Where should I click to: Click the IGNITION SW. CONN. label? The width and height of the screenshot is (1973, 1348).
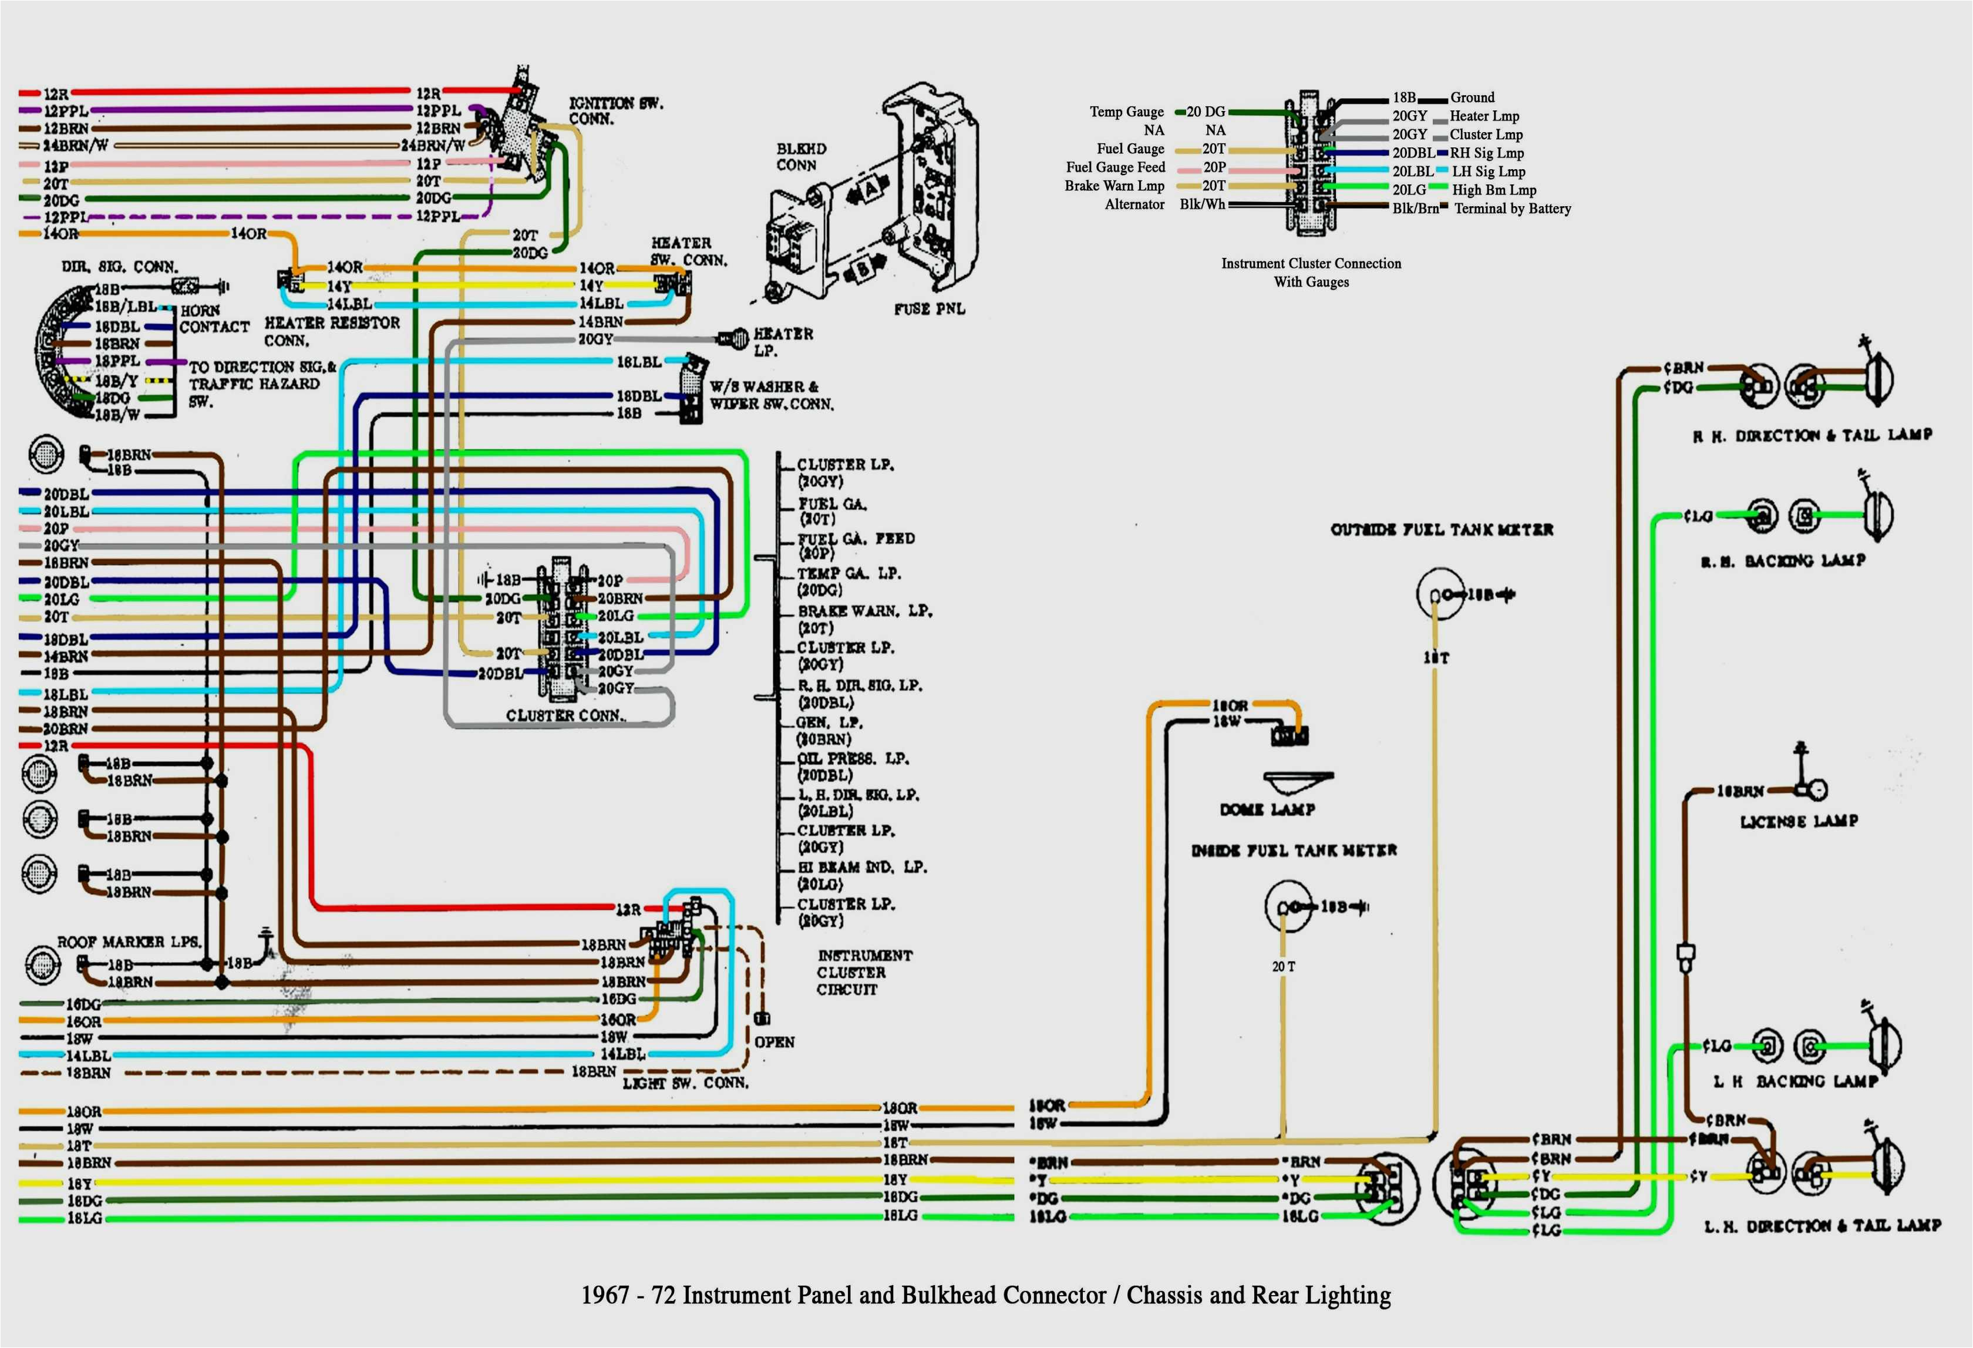point(615,111)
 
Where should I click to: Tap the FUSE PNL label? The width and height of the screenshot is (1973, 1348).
point(929,309)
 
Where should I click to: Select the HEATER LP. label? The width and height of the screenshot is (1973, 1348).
point(783,341)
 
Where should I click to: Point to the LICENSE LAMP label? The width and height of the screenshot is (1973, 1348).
point(1798,821)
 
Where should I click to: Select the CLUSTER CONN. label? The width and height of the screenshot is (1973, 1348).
point(564,716)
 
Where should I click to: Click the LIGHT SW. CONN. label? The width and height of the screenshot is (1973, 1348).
point(685,1083)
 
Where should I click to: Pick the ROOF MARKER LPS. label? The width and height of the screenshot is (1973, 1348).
point(128,942)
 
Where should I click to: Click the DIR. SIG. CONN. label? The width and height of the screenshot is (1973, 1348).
point(119,267)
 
